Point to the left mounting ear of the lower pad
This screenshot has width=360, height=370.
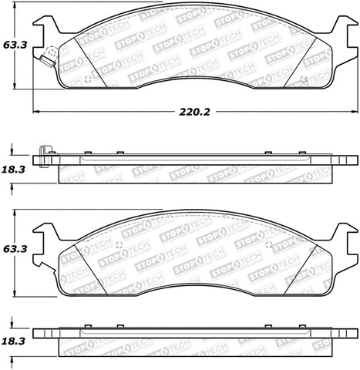[x=45, y=229]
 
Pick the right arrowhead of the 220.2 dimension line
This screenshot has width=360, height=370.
[x=353, y=112]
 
